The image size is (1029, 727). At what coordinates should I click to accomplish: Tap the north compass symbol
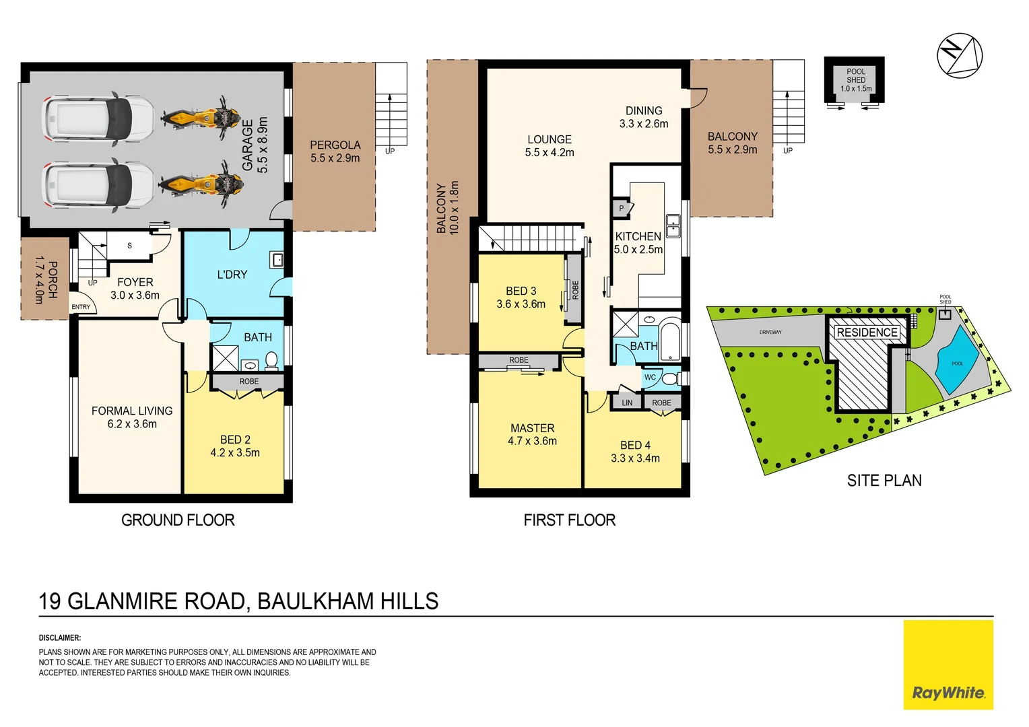[960, 55]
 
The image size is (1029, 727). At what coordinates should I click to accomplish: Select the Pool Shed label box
[855, 80]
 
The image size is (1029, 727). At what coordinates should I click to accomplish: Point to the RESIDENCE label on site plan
[867, 333]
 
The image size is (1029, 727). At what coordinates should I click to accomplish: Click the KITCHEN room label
[638, 236]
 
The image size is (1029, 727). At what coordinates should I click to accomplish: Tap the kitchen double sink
[673, 226]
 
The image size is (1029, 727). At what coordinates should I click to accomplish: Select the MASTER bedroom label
[532, 428]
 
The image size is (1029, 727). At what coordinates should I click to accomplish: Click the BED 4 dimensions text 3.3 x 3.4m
[635, 458]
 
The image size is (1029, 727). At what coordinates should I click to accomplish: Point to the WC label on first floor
[650, 378]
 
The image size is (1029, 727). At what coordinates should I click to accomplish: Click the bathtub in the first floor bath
[669, 343]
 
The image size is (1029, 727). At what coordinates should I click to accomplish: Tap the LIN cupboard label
[627, 403]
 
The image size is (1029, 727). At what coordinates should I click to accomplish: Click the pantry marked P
[622, 209]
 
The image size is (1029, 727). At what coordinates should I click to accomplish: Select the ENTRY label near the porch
[81, 307]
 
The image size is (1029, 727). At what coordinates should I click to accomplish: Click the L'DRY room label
[232, 275]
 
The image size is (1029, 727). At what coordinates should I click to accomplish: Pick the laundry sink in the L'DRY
[277, 259]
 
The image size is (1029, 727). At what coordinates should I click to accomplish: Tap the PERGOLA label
[335, 145]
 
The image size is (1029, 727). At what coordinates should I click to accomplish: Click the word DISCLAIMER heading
[60, 637]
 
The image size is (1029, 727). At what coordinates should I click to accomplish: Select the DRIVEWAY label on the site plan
[770, 332]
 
